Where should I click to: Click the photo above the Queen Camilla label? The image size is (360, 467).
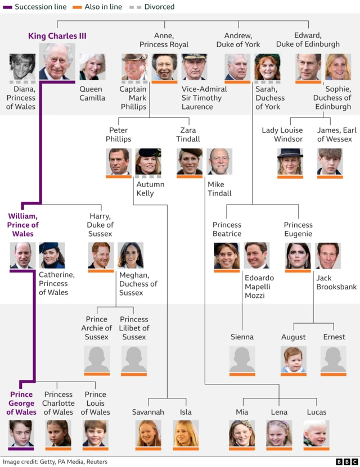pos(92,67)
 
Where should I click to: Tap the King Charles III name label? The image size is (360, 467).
pos(57,36)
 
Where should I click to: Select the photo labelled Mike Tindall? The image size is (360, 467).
pos(219,161)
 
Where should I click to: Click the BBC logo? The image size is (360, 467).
pos(347,461)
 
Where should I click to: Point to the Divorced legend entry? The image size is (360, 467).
pos(152,7)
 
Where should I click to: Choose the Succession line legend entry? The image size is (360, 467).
pos(34,7)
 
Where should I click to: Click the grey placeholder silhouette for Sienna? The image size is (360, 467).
pos(242,359)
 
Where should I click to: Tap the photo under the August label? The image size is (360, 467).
pos(294,359)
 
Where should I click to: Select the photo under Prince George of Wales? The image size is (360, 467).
pos(21,433)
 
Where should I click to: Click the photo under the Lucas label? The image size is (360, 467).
pos(317,433)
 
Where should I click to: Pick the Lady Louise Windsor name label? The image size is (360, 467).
pos(282,135)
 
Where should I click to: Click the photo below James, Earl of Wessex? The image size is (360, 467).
pos(330,161)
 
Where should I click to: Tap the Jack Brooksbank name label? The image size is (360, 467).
pos(336,282)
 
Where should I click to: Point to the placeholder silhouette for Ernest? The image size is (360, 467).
pos(334,359)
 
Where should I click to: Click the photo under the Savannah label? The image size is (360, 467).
pos(148,433)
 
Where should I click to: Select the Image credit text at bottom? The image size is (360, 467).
pos(55,461)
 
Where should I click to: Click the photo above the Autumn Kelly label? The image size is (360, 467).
pos(148,161)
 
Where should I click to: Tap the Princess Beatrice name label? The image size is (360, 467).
pos(227,229)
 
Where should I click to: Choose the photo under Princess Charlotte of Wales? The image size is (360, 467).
pos(58,433)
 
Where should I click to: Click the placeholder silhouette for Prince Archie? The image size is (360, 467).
pos(97,359)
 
